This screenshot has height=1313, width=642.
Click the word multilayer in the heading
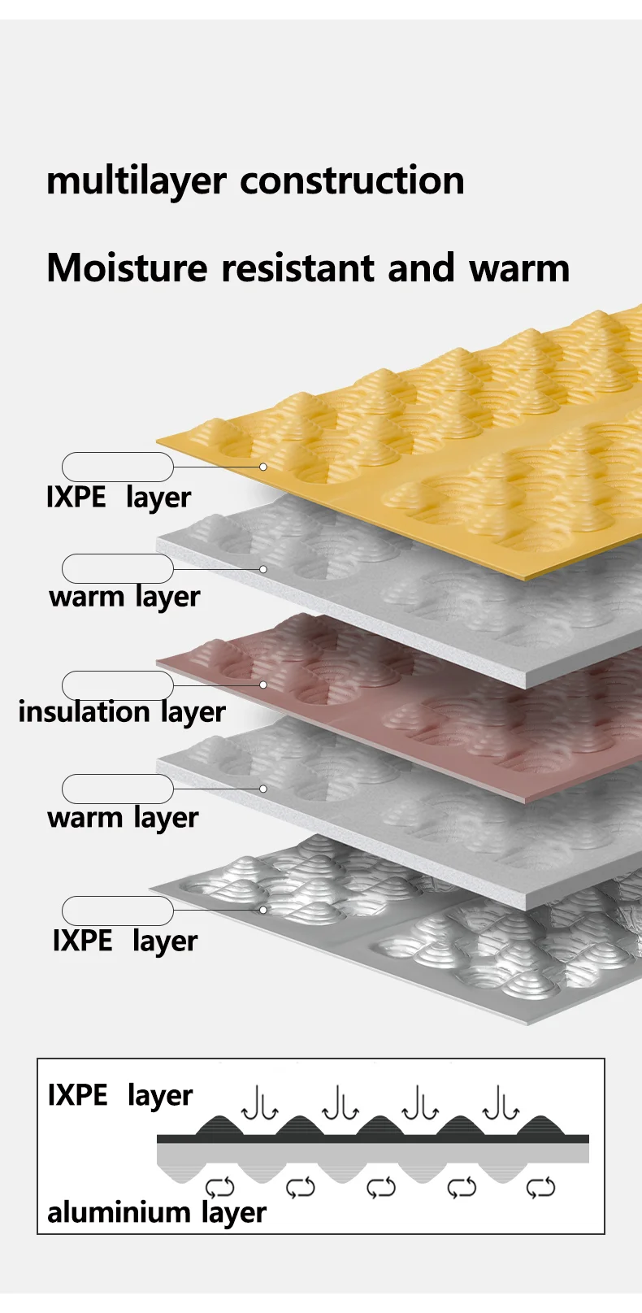136,181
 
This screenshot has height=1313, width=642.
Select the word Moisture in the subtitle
127,267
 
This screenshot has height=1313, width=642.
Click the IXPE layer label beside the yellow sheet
119,498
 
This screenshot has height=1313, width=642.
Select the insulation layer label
122,712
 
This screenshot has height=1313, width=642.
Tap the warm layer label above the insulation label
125,598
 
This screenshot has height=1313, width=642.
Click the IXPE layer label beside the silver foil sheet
125,941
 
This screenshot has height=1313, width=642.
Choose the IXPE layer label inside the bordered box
120,1096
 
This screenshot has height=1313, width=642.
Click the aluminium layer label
157,1213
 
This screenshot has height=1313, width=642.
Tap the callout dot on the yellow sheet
263,467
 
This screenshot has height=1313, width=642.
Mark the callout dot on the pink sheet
263,685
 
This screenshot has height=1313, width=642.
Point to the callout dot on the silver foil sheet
263,910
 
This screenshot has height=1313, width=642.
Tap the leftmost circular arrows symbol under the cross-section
220,1188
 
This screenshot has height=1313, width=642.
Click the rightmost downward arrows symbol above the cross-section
501,1103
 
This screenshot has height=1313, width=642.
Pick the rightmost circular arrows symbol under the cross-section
540,1188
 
